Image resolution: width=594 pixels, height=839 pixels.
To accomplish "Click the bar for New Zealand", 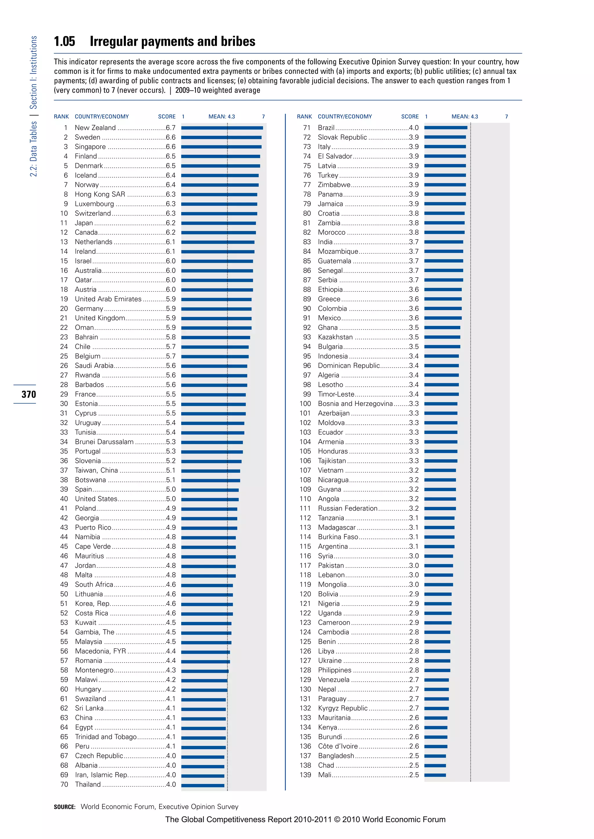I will click(x=222, y=128).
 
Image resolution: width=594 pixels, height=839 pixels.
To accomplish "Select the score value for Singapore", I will click(x=171, y=147).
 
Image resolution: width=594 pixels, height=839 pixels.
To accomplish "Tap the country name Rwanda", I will click(x=87, y=375).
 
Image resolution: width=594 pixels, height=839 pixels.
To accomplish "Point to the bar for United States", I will click(x=210, y=499).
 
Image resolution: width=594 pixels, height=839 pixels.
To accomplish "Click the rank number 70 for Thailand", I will click(x=64, y=785).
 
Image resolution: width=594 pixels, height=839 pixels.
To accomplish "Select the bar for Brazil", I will click(x=445, y=128).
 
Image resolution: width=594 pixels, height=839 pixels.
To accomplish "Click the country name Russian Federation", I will click(x=347, y=509).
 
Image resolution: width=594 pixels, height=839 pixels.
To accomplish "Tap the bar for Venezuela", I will click(x=436, y=680).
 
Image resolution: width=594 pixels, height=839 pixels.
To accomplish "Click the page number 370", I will click(x=28, y=395).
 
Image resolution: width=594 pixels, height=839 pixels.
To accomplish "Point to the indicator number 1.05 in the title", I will click(x=64, y=42).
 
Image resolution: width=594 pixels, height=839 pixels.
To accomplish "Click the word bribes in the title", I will click(x=238, y=42).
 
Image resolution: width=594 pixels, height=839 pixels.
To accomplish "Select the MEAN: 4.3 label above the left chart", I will click(x=222, y=116).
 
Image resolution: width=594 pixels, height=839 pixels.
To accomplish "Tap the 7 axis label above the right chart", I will click(x=507, y=116).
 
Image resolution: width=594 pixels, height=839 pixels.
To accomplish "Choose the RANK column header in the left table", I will click(x=61, y=116).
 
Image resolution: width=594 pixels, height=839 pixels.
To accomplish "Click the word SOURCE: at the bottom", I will click(x=65, y=807).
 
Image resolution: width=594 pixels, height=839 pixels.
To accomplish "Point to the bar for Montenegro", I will click(x=205, y=671).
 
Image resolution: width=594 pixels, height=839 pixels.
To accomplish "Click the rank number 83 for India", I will click(x=307, y=242).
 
